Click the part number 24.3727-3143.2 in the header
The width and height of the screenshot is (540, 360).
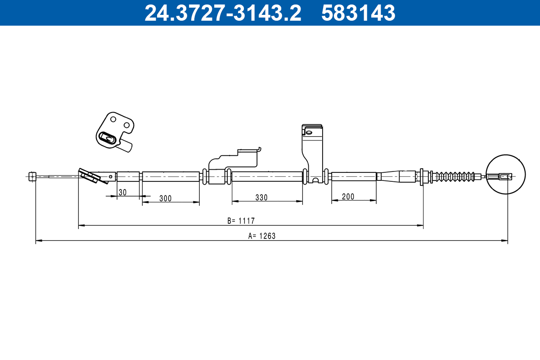click(223, 13)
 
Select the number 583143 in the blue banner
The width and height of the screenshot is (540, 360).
click(358, 13)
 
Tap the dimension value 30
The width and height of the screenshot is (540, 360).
click(122, 193)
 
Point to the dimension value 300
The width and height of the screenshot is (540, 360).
click(166, 198)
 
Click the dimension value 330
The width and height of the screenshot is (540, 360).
click(261, 198)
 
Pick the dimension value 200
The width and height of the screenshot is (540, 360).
click(348, 197)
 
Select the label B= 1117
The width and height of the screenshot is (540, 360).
click(241, 221)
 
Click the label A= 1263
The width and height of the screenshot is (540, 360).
click(262, 236)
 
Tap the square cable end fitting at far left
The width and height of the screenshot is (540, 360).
click(32, 176)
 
